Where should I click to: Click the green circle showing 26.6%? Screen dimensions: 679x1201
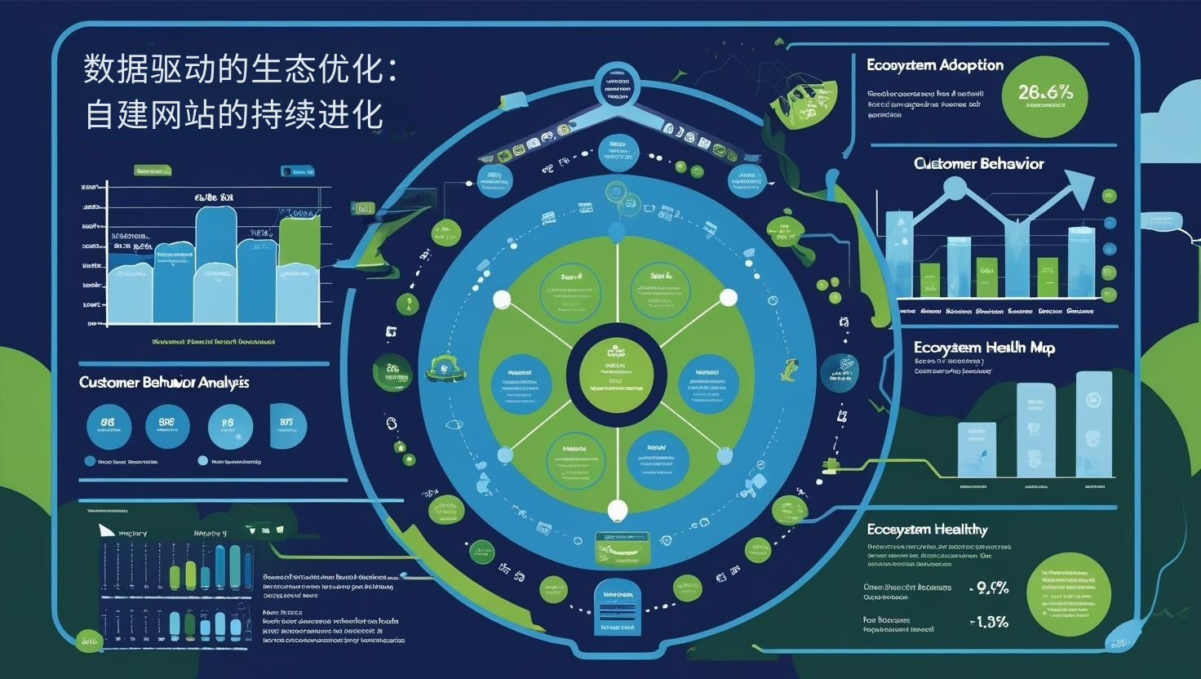1044,94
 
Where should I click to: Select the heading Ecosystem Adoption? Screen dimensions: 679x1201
935,65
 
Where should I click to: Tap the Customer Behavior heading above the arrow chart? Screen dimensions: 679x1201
979,164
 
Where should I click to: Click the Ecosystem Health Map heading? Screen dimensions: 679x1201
984,348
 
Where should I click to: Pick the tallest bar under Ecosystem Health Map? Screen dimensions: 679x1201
1093,424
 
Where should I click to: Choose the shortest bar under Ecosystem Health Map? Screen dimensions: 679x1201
976,450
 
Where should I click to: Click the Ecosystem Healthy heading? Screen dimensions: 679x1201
927,530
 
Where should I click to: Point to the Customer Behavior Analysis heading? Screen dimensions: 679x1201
164,383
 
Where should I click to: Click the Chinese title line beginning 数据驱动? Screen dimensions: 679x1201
241,69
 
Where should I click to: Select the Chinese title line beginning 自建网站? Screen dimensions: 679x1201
234,114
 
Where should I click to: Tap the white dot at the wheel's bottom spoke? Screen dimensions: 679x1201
618,511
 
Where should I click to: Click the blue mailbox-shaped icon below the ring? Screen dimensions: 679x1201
618,608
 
